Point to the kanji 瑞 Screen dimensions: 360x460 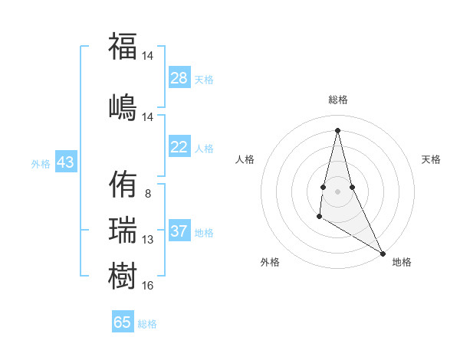[x=123, y=229]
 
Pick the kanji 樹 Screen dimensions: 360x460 [x=123, y=274]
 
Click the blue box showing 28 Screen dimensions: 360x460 [x=179, y=78]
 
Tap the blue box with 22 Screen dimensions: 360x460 [x=179, y=147]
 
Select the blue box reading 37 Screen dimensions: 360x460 [x=179, y=231]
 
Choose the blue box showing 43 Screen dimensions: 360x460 [x=65, y=162]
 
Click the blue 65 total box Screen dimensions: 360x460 [x=123, y=322]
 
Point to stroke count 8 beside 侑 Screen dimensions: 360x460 [x=147, y=194]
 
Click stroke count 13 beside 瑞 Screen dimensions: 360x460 [x=147, y=240]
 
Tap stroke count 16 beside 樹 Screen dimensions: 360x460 [x=147, y=286]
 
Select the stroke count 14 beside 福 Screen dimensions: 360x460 [x=147, y=57]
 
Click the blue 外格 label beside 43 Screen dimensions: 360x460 [x=41, y=163]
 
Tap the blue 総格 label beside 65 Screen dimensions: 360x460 [x=147, y=324]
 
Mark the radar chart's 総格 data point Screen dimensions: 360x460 [x=337, y=129]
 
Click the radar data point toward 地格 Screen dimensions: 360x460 [x=383, y=253]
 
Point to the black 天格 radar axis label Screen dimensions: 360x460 [x=432, y=159]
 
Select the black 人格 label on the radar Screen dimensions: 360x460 [x=245, y=159]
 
